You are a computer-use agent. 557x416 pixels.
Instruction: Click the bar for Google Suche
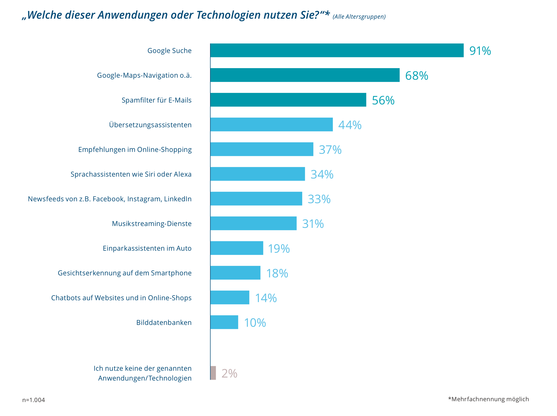tap(337, 50)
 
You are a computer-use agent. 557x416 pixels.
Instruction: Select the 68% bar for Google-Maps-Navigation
tap(305, 75)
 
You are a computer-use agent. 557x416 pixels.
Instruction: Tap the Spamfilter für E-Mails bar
tap(288, 100)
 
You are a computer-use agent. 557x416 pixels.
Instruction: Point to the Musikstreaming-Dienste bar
tap(254, 223)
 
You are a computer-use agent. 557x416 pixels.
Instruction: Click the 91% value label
tap(480, 51)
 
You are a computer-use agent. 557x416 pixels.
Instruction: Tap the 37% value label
tap(330, 150)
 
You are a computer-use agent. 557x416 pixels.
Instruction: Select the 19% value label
tap(279, 249)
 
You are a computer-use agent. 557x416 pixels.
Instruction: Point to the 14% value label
tap(266, 298)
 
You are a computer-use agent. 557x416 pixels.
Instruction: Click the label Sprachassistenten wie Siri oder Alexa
tap(131, 174)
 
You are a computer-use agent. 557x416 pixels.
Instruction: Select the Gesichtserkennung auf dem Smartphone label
tap(125, 273)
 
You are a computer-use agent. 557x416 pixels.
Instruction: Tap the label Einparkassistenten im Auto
tap(147, 248)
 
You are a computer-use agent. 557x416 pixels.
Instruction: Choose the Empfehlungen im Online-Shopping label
tap(135, 150)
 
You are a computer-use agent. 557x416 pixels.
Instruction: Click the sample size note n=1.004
tap(34, 400)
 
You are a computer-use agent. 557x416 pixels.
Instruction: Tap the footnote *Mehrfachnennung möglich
tap(488, 399)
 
